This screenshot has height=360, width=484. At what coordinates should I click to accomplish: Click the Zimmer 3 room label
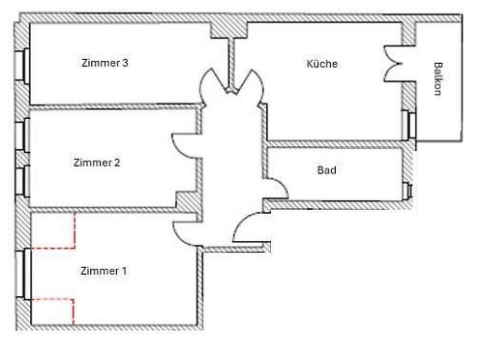pos(106,63)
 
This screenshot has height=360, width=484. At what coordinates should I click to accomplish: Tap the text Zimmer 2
pos(97,163)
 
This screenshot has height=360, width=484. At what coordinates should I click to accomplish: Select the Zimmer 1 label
pos(104,271)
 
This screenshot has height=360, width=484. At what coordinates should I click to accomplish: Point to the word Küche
pos(322,64)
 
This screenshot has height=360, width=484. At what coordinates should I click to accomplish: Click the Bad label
pos(327,170)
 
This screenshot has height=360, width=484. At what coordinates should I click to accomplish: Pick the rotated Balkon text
pos(439,79)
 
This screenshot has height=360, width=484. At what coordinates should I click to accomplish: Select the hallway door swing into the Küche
pos(247,82)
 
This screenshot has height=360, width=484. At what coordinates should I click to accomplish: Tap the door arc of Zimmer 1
pos(186,233)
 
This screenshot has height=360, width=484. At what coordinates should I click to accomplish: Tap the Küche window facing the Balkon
pos(410,126)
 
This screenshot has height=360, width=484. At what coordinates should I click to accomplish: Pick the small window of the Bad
pos(409,190)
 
